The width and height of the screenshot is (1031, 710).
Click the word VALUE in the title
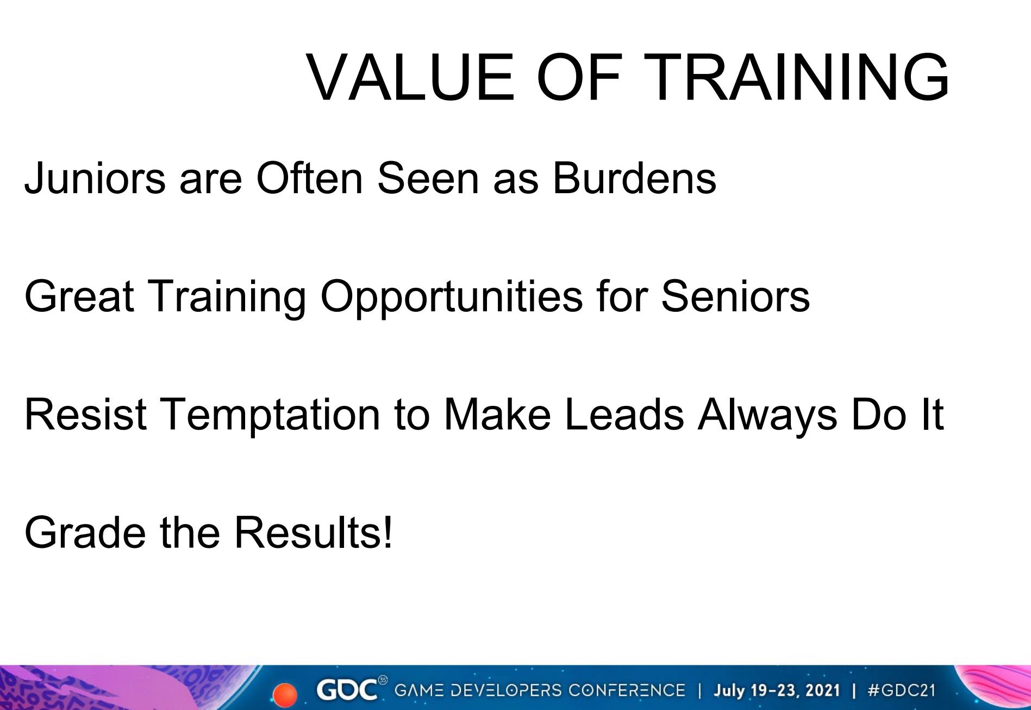411,77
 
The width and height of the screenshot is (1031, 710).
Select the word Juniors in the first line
95,177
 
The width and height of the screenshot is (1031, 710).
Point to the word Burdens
634,177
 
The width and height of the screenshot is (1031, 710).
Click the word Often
309,177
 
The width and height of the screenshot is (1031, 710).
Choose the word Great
79,296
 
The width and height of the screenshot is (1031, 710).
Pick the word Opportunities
451,297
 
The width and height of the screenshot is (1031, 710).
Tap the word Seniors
735,296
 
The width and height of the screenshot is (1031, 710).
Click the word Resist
85,415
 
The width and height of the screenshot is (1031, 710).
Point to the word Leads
624,415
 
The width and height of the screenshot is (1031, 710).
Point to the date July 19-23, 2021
777,691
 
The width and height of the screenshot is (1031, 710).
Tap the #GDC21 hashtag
902,690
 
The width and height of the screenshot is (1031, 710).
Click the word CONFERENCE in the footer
627,690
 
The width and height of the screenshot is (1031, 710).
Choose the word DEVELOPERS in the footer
502,690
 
